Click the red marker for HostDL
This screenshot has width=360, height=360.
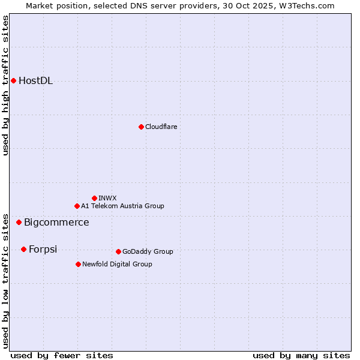pyautogui.click(x=13, y=80)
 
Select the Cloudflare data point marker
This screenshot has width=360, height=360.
pyautogui.click(x=141, y=127)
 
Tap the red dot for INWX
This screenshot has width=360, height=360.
pyautogui.click(x=94, y=198)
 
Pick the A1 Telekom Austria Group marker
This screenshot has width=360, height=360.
pyautogui.click(x=77, y=206)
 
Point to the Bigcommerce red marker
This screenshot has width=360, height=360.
pyautogui.click(x=19, y=222)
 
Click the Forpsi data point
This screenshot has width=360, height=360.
pyautogui.click(x=23, y=249)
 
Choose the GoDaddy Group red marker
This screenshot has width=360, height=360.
pyautogui.click(x=118, y=251)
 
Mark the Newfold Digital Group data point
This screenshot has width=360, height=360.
pyautogui.click(x=78, y=264)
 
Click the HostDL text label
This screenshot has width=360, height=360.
pyautogui.click(x=35, y=81)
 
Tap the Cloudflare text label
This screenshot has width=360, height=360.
pyautogui.click(x=161, y=127)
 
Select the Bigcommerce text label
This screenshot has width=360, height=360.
pyautogui.click(x=56, y=223)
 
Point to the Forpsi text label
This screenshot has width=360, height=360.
pyautogui.click(x=43, y=250)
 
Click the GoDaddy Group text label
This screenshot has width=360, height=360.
pyautogui.click(x=148, y=251)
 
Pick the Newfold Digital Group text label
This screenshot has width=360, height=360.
pyautogui.click(x=117, y=264)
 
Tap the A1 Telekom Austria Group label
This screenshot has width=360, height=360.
pyautogui.click(x=122, y=206)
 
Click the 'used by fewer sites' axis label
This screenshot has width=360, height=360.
pyautogui.click(x=62, y=355)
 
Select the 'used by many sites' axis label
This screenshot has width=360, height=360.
pyautogui.click(x=301, y=355)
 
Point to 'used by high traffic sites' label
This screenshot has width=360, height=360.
pyautogui.click(x=5, y=85)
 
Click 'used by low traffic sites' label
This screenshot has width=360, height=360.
pyautogui.click(x=5, y=280)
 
